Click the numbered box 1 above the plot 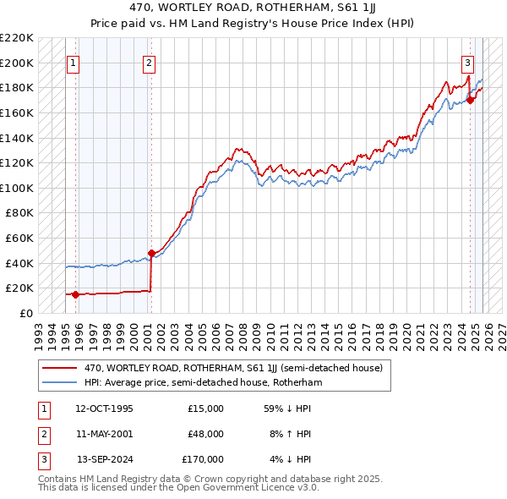pos(74,62)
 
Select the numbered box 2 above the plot pos(149,62)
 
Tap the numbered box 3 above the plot pos(466,62)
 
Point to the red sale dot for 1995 pos(76,294)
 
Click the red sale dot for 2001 pos(151,253)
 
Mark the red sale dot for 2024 pos(471,100)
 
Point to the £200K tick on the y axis pos(17,63)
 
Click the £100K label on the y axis pos(17,188)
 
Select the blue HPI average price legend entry pos(203,382)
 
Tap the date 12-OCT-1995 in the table pos(104,409)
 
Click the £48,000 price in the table pos(205,434)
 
